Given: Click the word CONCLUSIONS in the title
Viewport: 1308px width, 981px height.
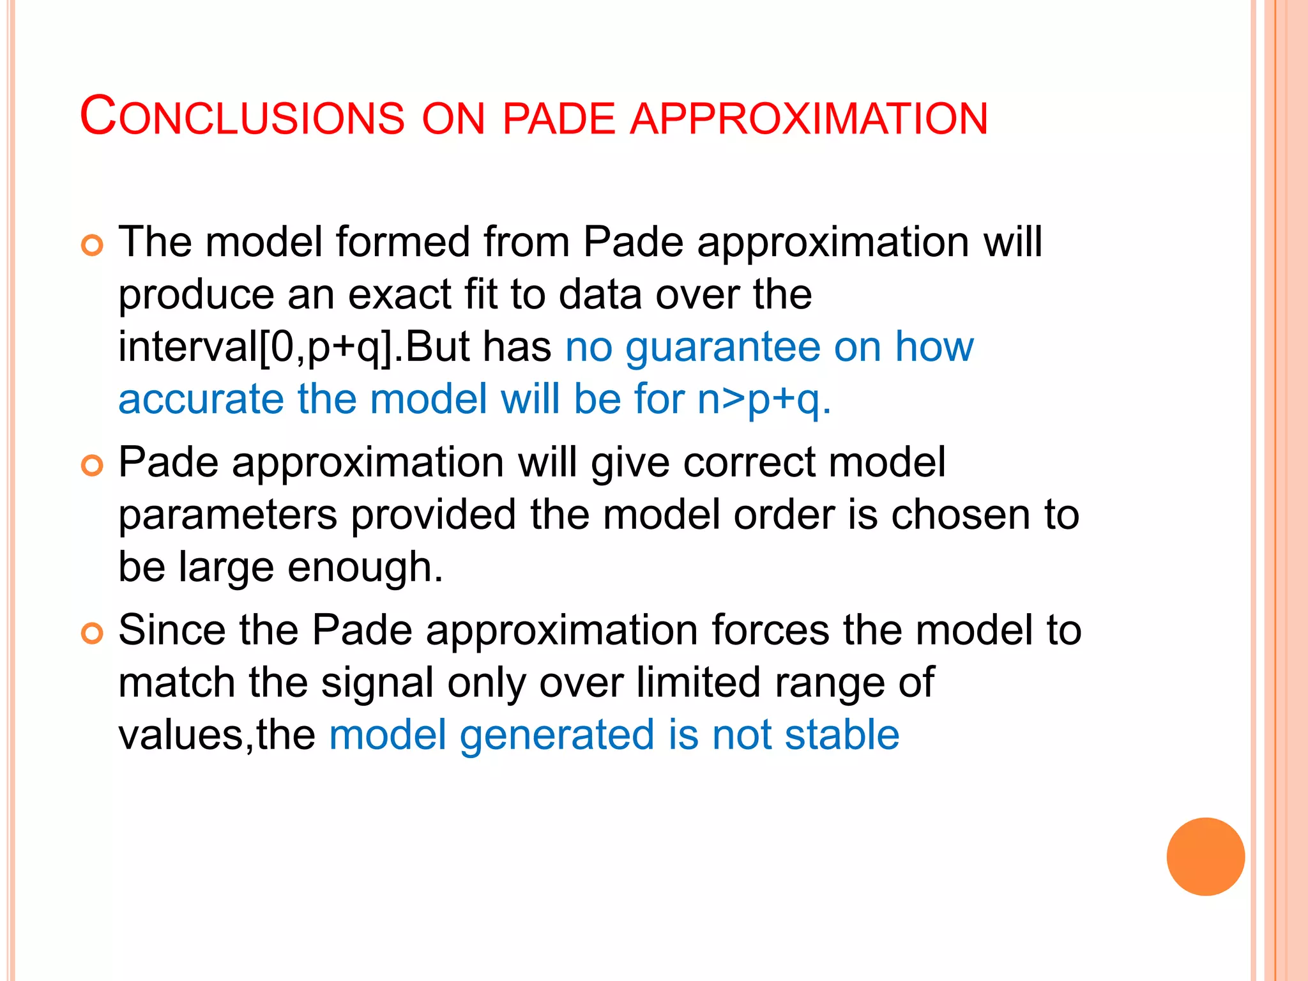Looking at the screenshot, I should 242,118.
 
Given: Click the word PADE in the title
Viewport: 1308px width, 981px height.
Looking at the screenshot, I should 558,119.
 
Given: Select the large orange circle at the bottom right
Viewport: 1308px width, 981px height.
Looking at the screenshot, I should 1205,856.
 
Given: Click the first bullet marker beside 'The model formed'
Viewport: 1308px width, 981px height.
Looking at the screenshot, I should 93,245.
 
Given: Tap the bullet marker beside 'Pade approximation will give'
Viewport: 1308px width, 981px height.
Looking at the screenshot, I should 93,466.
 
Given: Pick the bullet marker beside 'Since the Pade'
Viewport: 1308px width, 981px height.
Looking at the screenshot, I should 93,634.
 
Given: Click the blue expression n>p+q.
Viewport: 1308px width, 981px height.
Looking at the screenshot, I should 764,400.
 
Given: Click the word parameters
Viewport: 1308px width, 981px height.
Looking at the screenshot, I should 227,516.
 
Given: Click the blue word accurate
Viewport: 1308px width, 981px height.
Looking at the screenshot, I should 201,400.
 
